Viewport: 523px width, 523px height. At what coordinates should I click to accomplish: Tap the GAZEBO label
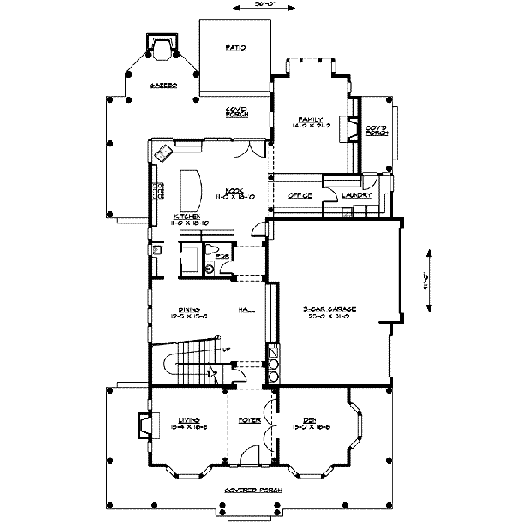point(163,85)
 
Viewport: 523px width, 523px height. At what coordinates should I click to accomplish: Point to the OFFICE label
point(300,195)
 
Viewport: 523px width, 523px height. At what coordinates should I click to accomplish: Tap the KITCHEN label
point(187,215)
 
